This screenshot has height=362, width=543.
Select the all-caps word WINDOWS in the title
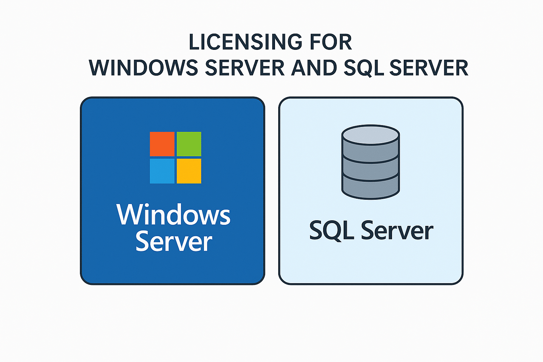143,68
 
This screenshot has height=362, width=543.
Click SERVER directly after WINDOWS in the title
245,68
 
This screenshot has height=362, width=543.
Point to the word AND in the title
314,68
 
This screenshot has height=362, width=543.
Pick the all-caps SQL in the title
364,68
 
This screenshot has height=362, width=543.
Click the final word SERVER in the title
428,68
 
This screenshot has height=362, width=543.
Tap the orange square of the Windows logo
162,144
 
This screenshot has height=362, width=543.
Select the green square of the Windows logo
189,144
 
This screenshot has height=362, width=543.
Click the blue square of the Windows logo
162,171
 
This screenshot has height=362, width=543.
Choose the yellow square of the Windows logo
189,171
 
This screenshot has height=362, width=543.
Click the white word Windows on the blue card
173,215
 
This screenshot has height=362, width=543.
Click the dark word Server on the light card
397,230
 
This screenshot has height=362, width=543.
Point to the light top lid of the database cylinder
370,135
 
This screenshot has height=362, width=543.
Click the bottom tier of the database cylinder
370,187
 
